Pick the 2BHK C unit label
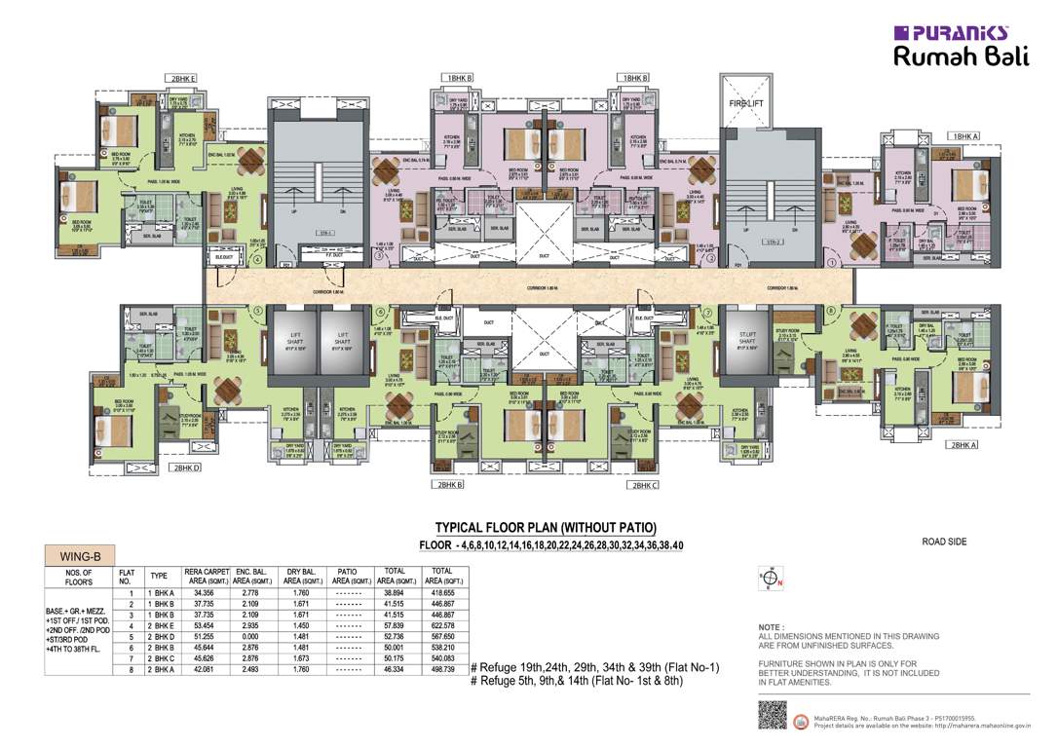point(645,484)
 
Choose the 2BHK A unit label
point(964,444)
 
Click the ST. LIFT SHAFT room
point(747,340)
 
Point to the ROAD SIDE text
point(944,542)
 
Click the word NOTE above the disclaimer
point(772,628)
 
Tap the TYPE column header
point(158,576)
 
